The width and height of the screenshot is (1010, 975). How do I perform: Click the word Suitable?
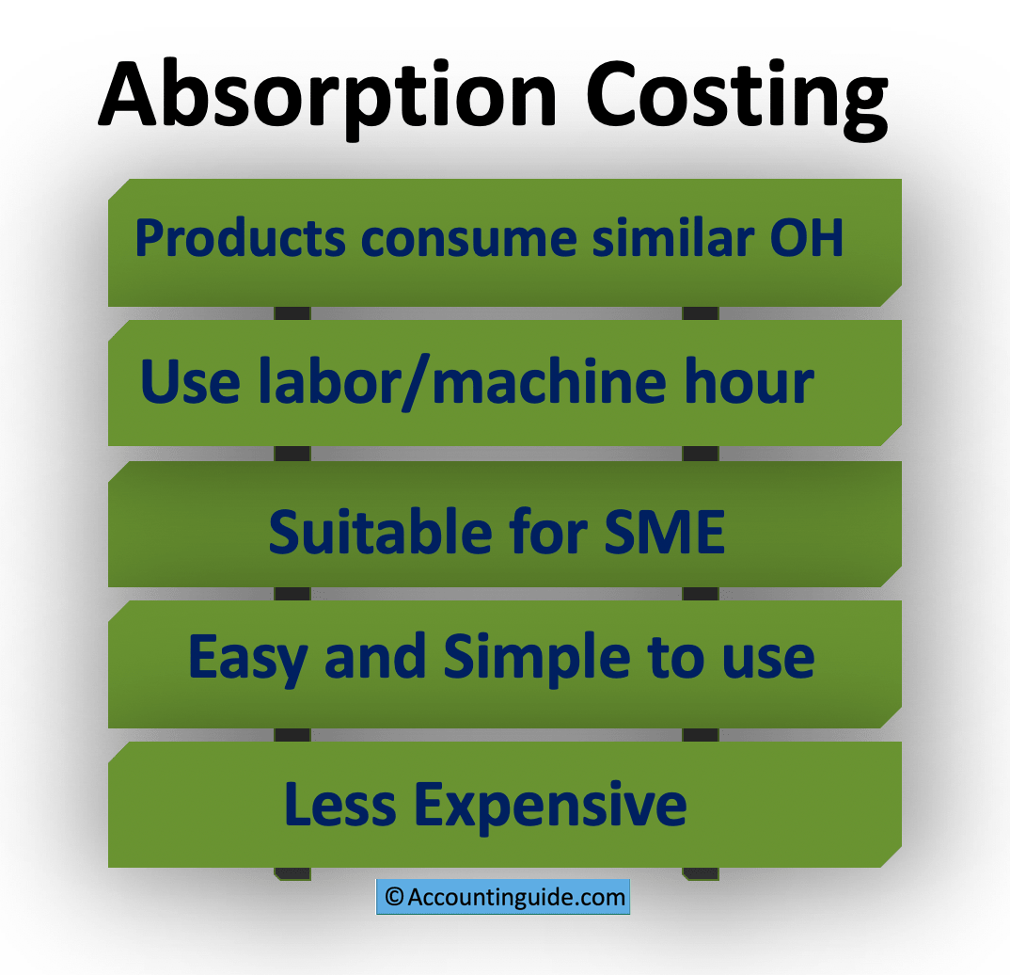(x=379, y=531)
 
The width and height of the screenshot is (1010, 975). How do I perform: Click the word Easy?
(x=247, y=658)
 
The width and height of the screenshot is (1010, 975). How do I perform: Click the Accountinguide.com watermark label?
(x=516, y=897)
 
